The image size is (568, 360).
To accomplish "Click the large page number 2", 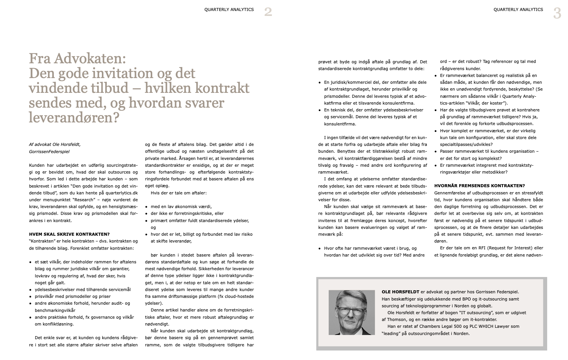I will point(268,12).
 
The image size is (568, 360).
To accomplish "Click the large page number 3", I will point(557,13).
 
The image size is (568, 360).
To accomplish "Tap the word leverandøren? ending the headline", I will point(74,117).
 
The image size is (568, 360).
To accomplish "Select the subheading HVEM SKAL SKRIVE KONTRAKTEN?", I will point(69,234).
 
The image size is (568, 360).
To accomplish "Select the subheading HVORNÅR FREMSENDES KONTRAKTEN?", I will point(479,186).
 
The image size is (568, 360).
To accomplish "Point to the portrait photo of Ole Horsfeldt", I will point(351,313).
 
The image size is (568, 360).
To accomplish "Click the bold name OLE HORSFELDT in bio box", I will point(400,292).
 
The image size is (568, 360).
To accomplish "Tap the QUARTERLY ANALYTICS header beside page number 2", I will point(229,9).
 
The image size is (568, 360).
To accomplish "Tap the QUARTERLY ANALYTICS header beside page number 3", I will point(518,9).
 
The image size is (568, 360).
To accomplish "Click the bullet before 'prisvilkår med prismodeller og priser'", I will point(30,297).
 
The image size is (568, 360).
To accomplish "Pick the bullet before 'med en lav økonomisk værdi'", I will point(147,207).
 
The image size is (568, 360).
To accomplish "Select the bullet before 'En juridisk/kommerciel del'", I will point(320,82).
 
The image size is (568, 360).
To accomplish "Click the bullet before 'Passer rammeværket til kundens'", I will point(436,152).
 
